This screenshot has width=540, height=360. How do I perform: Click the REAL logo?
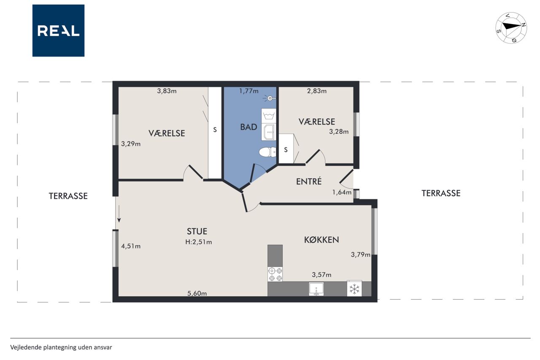click(x=58, y=31)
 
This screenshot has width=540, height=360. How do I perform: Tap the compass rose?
click(x=511, y=28)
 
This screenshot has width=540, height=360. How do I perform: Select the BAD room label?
click(x=248, y=127)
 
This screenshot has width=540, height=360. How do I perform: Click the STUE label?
click(x=197, y=231)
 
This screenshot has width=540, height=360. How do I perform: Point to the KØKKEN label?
click(x=321, y=240)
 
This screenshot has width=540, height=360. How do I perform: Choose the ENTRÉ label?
click(x=309, y=181)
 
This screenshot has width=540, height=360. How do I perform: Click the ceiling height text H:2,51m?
click(x=198, y=242)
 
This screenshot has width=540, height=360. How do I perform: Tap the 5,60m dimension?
click(x=197, y=293)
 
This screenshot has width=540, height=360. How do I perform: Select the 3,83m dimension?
click(x=167, y=91)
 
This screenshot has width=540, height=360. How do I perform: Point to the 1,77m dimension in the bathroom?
click(x=248, y=91)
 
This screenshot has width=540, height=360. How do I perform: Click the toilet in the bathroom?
click(x=267, y=152)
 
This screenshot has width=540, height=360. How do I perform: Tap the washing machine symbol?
click(x=269, y=116)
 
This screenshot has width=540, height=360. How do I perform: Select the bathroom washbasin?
click(x=269, y=132)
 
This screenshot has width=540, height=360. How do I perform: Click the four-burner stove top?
click(x=275, y=274)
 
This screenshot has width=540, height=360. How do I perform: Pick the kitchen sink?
click(x=316, y=289)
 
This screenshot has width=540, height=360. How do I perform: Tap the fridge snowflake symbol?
click(x=354, y=289)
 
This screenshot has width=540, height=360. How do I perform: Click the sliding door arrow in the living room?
click(x=119, y=214)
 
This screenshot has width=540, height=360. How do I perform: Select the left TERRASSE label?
click(x=68, y=196)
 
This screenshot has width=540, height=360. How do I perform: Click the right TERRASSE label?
click(x=441, y=193)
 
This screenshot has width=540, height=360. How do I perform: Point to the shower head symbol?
click(x=270, y=98)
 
